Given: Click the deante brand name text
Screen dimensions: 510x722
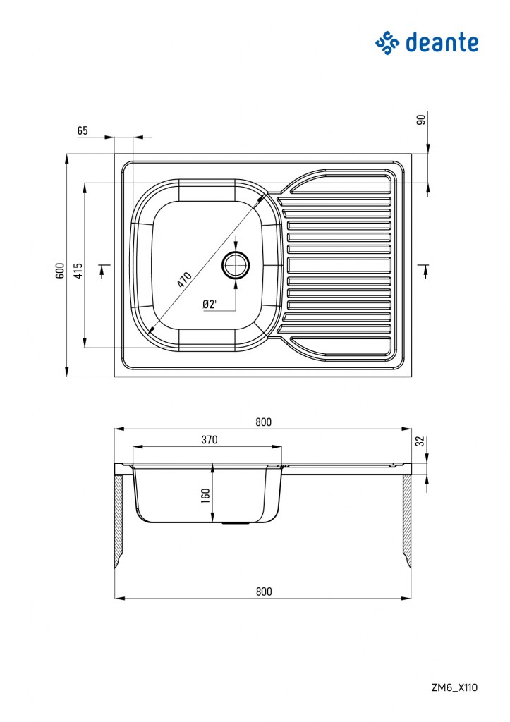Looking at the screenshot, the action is click(442, 42).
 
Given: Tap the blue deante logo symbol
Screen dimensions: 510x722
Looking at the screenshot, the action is click(387, 43).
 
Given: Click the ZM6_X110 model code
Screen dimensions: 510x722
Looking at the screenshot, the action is click(454, 687).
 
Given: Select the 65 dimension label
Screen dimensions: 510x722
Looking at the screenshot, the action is click(83, 130).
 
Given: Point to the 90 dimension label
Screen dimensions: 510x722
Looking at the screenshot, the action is click(420, 120).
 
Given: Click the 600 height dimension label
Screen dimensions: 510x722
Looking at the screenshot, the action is click(59, 271).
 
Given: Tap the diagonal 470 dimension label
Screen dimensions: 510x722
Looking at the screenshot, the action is click(184, 279).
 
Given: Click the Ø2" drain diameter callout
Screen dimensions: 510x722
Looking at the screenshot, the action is click(210, 305).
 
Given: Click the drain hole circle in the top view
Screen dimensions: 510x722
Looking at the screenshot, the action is click(236, 265).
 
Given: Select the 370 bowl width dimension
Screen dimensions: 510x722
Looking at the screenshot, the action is click(210, 440).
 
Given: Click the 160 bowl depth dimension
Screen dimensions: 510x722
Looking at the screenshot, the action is click(205, 496).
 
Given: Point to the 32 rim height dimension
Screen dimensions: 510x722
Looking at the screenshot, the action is click(420, 441).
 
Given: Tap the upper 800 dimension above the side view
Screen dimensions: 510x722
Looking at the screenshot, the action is click(264, 422).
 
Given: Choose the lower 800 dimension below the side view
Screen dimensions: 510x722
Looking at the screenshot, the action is click(264, 592).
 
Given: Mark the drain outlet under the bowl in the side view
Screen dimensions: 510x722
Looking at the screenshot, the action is click(236, 524).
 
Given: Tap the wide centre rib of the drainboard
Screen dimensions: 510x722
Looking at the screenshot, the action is click(339, 265).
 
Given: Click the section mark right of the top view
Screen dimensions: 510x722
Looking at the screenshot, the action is click(425, 271).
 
